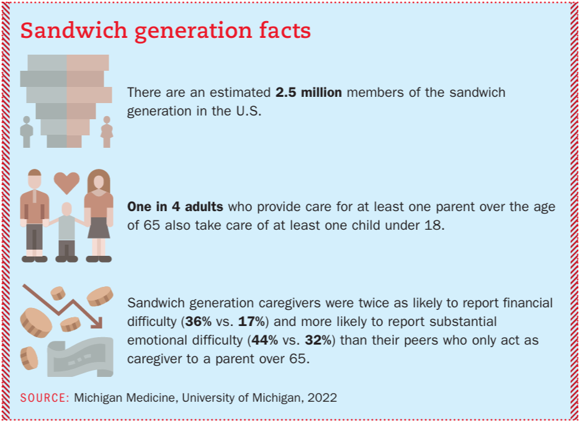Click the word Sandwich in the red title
74,30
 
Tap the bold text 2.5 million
308,93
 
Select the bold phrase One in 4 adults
175,207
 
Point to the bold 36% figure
199,322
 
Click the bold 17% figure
251,322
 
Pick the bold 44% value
264,340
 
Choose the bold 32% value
318,340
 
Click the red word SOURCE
44,397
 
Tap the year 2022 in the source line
321,397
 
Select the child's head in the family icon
67,209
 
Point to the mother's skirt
99,228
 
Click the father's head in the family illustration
35,179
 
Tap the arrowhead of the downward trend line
97,323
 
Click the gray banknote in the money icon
80,356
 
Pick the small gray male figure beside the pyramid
27,132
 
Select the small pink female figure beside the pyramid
107,132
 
